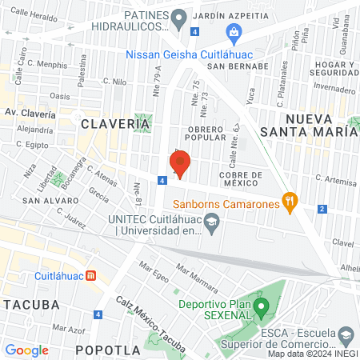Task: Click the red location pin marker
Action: coord(180,164)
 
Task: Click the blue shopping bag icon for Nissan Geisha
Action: coord(234,33)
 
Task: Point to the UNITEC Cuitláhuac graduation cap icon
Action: coord(212,225)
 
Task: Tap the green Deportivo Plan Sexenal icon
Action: coord(261,306)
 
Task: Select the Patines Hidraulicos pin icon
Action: coord(179,17)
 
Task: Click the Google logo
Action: coord(26,350)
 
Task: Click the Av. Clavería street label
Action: coord(30,114)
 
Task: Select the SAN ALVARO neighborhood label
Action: coord(28,199)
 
